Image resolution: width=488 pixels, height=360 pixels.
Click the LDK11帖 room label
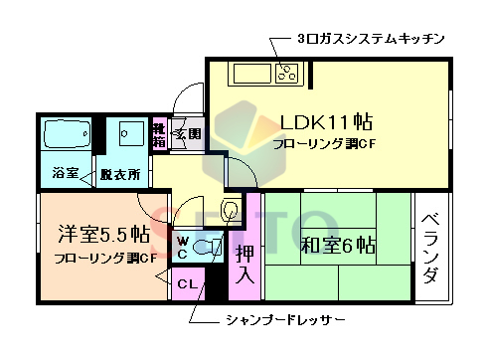325,122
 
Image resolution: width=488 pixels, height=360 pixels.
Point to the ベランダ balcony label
428,249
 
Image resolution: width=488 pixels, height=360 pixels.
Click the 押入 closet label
243,263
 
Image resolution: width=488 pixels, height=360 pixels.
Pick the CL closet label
186,284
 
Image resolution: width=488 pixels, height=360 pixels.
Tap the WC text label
184,247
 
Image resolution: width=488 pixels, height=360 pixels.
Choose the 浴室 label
66,173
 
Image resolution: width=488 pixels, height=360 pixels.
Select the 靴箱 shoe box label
158,133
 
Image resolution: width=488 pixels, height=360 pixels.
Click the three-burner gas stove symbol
289,72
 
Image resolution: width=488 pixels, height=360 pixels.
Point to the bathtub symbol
67,134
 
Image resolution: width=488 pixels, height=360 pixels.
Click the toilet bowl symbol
206,248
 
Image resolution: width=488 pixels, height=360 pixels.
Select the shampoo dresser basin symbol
231,210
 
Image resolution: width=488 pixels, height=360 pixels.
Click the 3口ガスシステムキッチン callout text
370,39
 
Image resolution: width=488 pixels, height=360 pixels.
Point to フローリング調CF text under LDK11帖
324,145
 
